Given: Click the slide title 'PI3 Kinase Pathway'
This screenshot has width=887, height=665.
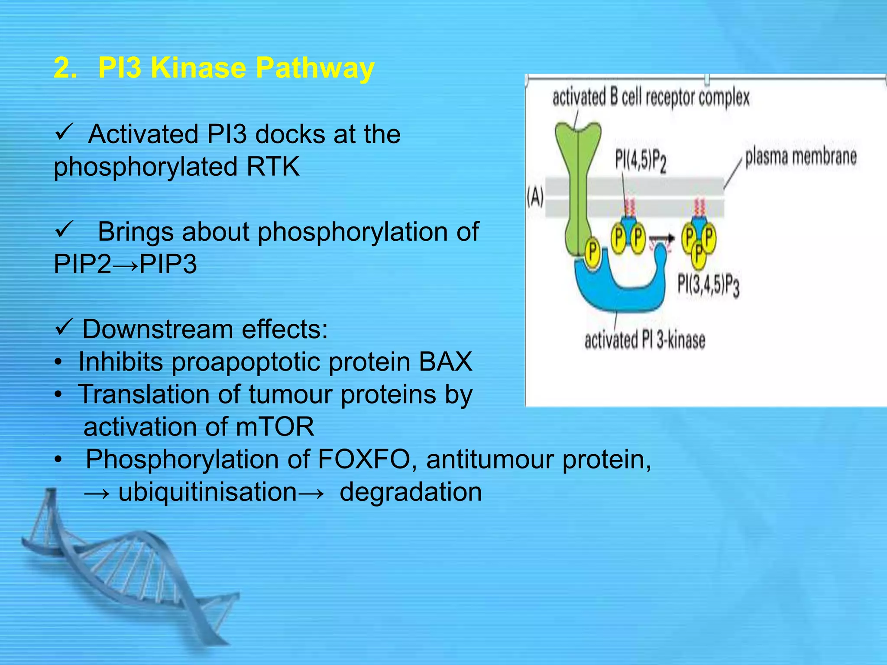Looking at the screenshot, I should (236, 68).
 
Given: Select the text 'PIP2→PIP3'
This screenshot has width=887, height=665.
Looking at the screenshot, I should (125, 264).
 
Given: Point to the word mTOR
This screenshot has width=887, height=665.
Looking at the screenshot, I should (275, 427).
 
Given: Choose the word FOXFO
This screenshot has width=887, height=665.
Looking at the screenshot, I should (364, 459).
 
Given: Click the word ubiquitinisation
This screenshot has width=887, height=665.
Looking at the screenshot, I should (207, 492).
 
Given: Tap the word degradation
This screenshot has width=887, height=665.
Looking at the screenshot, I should (411, 492).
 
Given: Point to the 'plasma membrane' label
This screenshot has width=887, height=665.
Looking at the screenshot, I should (800, 157).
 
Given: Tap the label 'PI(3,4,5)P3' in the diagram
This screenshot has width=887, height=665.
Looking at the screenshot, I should (708, 286).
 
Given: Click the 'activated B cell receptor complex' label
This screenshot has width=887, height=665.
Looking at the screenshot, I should (651, 97).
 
